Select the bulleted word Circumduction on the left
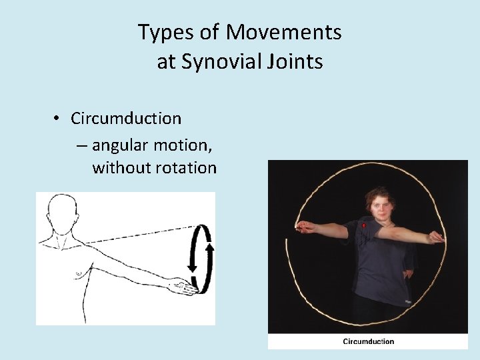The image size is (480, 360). (x=126, y=119)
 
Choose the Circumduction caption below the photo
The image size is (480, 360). (x=368, y=342)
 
